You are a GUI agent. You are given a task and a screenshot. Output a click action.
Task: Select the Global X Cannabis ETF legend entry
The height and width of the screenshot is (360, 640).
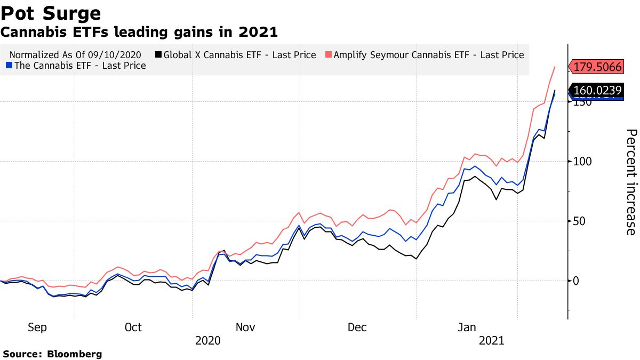coord(235,55)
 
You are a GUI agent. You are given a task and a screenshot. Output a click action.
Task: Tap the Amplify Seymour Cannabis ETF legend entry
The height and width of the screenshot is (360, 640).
coord(425,55)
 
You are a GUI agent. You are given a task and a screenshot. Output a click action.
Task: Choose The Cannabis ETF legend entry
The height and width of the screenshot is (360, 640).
coord(75,66)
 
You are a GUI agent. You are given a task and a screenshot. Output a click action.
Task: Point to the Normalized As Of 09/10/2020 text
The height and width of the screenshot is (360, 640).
coord(75,55)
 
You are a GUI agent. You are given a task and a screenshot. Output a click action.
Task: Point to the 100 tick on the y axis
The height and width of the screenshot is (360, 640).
coord(584,162)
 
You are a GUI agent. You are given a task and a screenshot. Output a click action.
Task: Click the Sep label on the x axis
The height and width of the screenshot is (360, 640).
coord(37,327)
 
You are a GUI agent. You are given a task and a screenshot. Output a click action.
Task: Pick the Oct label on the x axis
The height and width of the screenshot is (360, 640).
coord(133,327)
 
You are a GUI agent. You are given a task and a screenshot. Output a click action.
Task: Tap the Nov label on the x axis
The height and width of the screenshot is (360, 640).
coord(245,327)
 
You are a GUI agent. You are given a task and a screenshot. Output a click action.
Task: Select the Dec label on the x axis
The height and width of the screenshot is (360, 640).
coord(357,327)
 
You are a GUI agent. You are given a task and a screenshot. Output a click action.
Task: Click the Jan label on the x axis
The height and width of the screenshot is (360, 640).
coord(468,327)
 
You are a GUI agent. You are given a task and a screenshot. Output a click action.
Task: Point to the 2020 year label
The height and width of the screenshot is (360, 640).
coord(209,340)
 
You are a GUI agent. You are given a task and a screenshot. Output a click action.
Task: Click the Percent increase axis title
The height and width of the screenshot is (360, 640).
coord(630,181)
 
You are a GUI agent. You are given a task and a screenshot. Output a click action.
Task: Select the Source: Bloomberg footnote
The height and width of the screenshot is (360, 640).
coord(52,354)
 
